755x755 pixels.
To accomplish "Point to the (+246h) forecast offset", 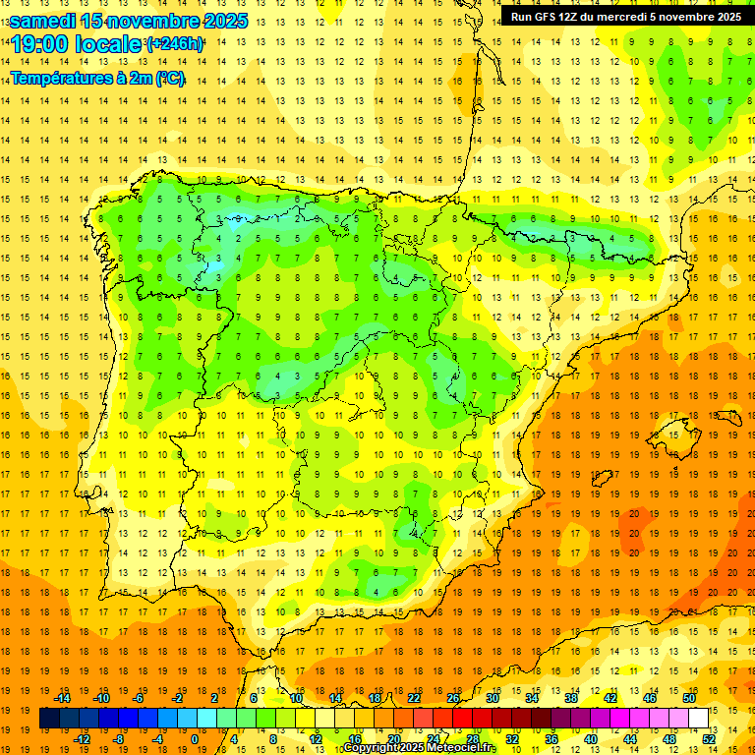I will (x=174, y=44).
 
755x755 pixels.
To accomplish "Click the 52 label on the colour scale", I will (x=709, y=739).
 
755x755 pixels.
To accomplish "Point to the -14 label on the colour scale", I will (x=63, y=698).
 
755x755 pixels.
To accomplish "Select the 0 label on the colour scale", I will (x=194, y=739).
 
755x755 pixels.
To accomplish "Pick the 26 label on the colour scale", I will (x=453, y=698).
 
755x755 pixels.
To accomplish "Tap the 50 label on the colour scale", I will (x=689, y=698).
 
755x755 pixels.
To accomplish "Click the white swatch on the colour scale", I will (x=699, y=719).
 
